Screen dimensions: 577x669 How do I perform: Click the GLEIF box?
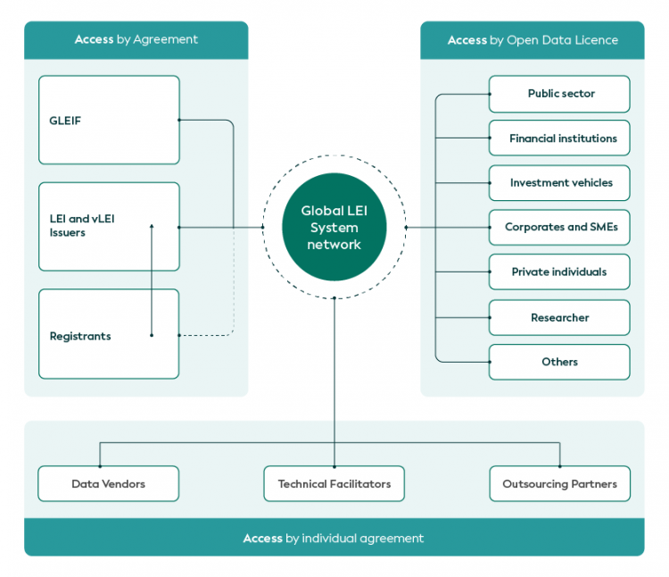(x=109, y=120)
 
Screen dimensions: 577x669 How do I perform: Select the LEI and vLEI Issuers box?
(x=109, y=227)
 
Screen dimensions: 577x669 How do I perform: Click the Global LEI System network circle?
(x=334, y=227)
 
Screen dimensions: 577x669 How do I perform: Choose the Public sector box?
(x=559, y=94)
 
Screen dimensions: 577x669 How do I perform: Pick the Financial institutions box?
(x=559, y=138)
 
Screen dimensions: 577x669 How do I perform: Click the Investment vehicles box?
(x=559, y=183)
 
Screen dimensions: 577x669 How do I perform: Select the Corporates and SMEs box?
(x=559, y=227)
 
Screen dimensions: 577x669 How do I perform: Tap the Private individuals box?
(x=559, y=272)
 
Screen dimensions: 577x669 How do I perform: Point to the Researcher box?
(x=559, y=317)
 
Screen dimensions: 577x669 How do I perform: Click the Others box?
(x=559, y=362)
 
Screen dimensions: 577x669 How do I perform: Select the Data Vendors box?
(x=109, y=484)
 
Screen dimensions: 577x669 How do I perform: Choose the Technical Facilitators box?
(x=334, y=484)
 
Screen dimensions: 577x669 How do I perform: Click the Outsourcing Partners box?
(x=559, y=484)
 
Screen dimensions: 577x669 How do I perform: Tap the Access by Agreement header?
(x=136, y=39)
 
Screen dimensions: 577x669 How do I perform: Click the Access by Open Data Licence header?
(x=533, y=40)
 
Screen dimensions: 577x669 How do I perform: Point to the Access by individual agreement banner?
(x=334, y=539)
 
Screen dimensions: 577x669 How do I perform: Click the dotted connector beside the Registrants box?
(x=214, y=335)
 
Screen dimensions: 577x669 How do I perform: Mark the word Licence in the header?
(x=597, y=40)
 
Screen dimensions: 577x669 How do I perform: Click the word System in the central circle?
(x=334, y=228)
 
